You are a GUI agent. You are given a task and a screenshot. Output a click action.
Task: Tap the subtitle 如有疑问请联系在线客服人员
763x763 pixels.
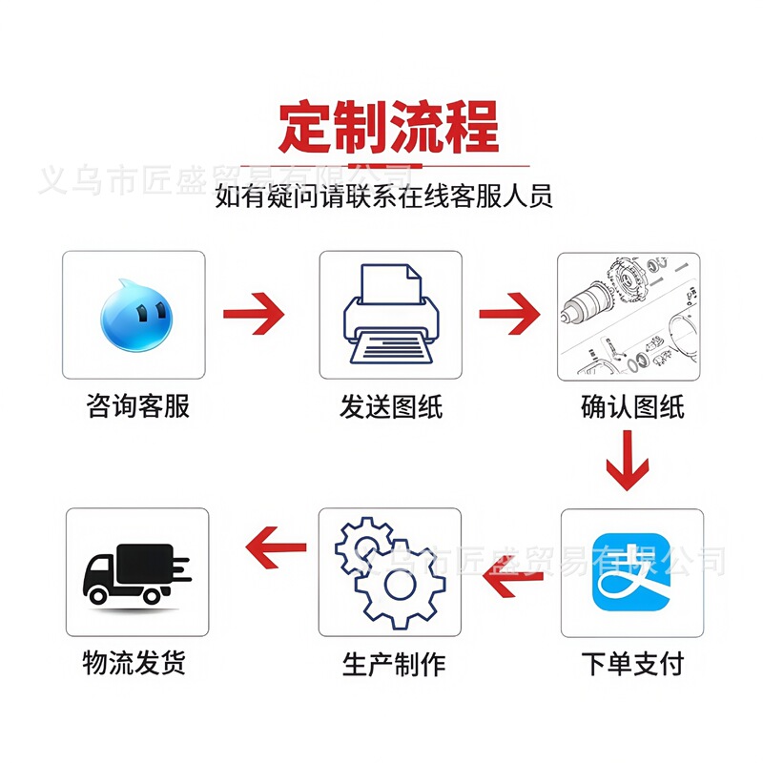coord(384,197)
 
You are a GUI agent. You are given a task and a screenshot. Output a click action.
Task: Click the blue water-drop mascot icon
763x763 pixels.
coord(133,314)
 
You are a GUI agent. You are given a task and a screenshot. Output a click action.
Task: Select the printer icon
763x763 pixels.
coord(390,314)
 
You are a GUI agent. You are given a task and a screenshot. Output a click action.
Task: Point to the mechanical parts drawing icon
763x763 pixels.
coord(629,316)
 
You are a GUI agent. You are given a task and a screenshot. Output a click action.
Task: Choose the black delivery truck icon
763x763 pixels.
coord(136,572)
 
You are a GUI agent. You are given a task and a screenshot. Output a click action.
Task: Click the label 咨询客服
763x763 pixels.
coord(138,406)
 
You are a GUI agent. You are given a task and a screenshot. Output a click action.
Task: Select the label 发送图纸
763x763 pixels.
coord(391,406)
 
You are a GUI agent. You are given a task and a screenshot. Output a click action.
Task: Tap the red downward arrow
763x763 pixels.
coord(628,461)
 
